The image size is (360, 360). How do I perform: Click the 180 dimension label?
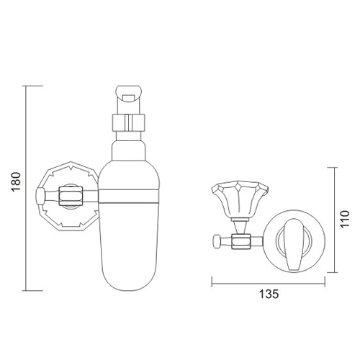point(17,181)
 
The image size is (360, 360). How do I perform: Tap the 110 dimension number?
point(345,220)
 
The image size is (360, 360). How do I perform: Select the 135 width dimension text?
point(269,294)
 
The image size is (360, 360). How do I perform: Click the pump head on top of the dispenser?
point(129,94)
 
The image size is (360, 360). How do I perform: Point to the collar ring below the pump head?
point(129,123)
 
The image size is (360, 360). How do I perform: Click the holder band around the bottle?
point(129,197)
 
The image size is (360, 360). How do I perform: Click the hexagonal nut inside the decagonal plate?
point(71,196)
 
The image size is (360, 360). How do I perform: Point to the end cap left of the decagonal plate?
point(40,196)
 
